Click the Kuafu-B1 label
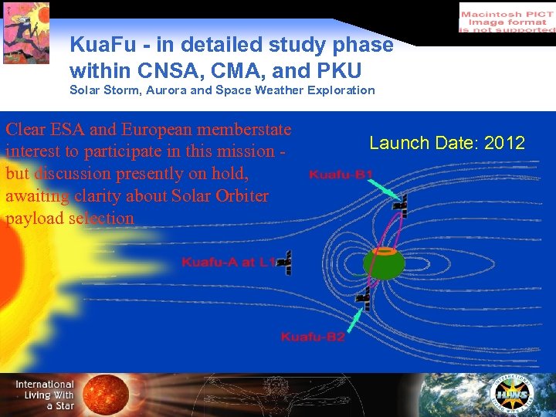[x=341, y=175]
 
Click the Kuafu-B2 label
[x=313, y=337]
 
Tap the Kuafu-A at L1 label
[x=228, y=263]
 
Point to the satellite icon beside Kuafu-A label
[x=285, y=263]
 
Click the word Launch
[x=395, y=143]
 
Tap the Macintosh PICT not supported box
[x=506, y=17]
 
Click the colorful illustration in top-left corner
[x=25, y=32]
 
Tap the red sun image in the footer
[x=106, y=395]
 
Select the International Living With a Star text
[x=45, y=395]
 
